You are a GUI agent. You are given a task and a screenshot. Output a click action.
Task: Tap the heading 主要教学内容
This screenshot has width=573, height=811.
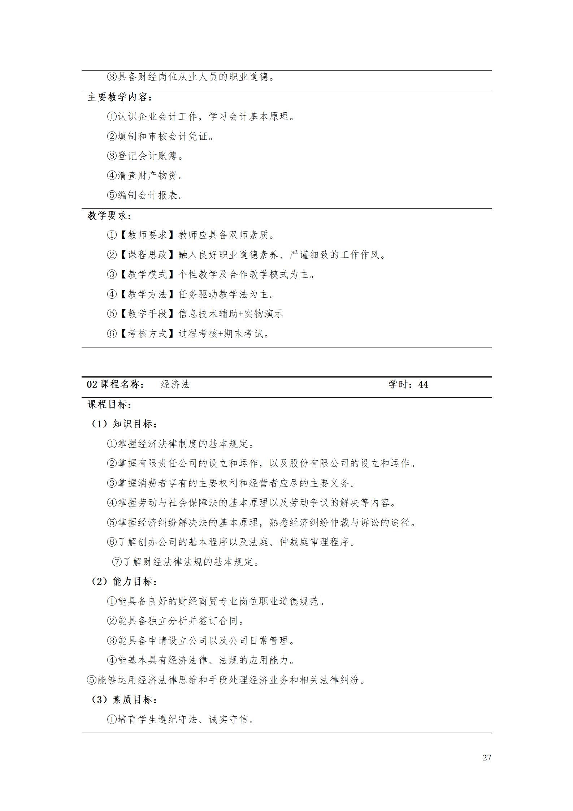(x=120, y=97)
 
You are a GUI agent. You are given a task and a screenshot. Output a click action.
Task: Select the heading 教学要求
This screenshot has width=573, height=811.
(x=109, y=216)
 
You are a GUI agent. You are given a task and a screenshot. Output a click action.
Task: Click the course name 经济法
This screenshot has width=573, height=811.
(x=175, y=384)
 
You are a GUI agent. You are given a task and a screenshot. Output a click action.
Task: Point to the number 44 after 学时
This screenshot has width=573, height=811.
(x=423, y=384)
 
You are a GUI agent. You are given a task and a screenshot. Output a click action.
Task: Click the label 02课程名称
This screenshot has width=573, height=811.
(x=116, y=384)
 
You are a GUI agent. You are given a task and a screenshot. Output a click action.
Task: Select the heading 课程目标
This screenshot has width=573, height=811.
(x=109, y=404)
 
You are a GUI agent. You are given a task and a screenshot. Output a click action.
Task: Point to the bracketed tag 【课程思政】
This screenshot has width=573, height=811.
(x=148, y=255)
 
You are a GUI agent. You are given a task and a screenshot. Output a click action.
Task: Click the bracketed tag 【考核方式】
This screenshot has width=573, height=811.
(x=148, y=333)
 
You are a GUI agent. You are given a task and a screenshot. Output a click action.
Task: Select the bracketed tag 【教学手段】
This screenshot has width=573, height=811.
(x=148, y=314)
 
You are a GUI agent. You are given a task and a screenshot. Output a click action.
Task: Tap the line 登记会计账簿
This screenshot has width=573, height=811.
(x=146, y=156)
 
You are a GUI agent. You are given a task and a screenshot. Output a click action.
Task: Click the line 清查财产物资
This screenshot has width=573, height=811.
(x=146, y=176)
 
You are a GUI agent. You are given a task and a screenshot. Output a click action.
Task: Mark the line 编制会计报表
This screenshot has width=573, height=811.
(x=146, y=195)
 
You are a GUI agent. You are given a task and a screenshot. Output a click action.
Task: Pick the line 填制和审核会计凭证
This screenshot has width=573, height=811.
(x=161, y=136)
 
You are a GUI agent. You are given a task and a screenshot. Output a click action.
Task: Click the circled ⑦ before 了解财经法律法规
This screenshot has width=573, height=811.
(x=117, y=562)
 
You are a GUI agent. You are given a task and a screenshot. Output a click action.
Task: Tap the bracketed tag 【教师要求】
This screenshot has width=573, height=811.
(x=148, y=235)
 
